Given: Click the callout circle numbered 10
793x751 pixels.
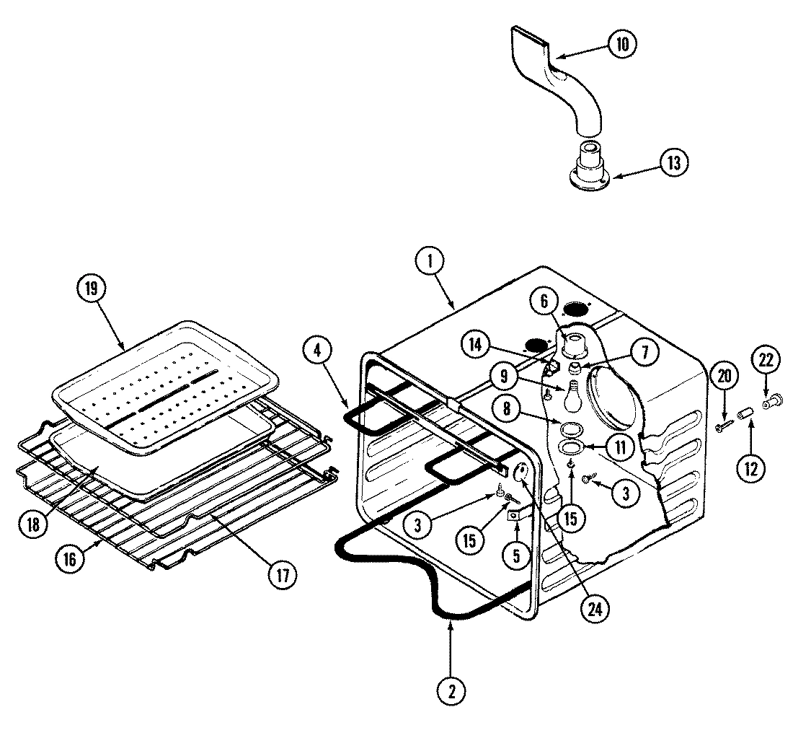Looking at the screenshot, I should tap(621, 44).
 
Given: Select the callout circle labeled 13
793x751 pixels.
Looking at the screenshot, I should tap(673, 162).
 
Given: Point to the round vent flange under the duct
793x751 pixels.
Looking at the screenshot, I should tap(588, 170).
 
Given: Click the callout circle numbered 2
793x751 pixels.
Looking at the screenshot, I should tap(451, 690).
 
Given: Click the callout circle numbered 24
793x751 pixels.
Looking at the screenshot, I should tap(593, 608).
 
